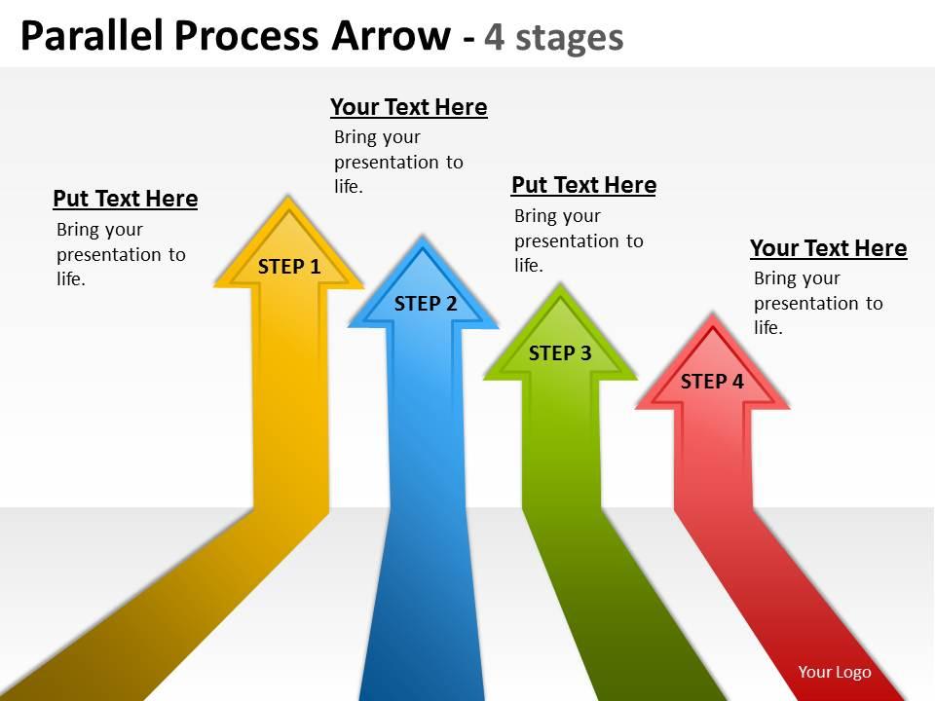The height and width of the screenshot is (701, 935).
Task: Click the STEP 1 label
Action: (x=288, y=267)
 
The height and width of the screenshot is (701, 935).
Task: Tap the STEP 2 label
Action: (x=425, y=304)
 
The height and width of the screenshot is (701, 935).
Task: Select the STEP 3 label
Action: (x=559, y=353)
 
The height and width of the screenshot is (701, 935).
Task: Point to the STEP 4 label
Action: (x=711, y=382)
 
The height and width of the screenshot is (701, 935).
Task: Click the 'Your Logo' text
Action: (x=834, y=672)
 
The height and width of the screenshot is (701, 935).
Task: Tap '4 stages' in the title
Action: (x=554, y=37)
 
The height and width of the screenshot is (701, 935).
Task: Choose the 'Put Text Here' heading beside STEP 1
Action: (x=125, y=199)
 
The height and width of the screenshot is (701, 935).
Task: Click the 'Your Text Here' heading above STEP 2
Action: (x=408, y=107)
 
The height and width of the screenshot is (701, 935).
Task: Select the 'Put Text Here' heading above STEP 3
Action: (x=583, y=185)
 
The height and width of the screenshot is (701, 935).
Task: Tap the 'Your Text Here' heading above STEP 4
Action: (x=828, y=248)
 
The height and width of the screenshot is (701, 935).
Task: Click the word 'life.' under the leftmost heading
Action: (x=71, y=280)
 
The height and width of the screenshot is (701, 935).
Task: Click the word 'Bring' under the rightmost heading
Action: (x=775, y=278)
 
